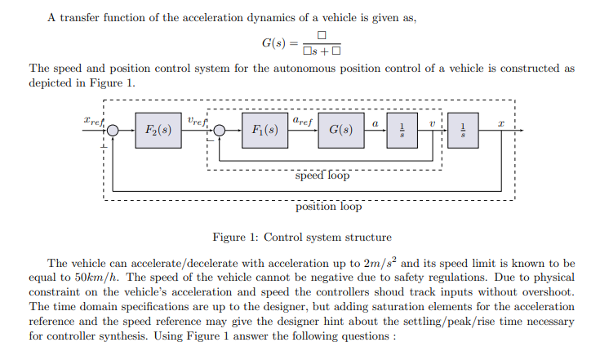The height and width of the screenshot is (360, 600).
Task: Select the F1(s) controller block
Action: (x=266, y=130)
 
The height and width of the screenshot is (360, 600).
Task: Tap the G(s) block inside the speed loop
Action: (x=340, y=130)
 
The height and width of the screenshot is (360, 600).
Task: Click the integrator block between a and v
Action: (x=402, y=130)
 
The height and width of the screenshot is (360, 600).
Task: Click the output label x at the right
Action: (x=502, y=122)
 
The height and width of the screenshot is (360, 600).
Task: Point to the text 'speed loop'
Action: (x=322, y=175)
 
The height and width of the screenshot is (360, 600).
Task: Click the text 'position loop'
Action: (x=328, y=207)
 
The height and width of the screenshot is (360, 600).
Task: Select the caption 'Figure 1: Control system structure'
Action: (x=301, y=238)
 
